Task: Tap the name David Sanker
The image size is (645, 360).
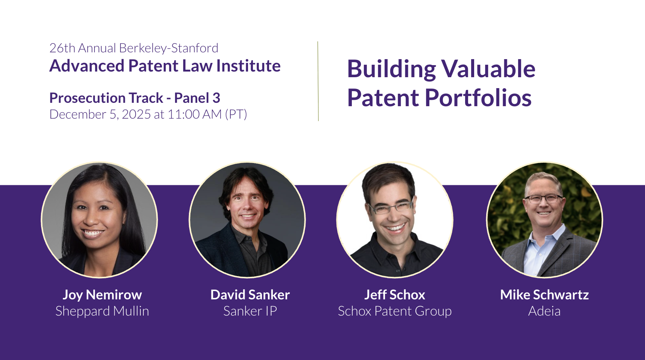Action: click(250, 295)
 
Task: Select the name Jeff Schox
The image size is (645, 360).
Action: click(395, 295)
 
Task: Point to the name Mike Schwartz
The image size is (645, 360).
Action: click(544, 295)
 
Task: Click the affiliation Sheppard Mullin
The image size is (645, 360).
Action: click(102, 311)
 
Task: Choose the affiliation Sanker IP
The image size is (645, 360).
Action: click(250, 311)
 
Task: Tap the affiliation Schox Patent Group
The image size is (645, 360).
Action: click(395, 311)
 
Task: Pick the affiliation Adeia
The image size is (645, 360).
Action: click(544, 311)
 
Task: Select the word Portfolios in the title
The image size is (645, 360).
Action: click(478, 98)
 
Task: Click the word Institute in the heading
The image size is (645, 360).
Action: click(248, 66)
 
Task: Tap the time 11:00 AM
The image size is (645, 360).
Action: click(195, 114)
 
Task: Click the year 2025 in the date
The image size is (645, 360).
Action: click(136, 114)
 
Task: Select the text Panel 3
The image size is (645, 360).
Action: click(197, 98)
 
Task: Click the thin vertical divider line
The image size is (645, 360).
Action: click(318, 81)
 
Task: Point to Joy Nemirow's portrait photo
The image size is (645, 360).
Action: click(99, 220)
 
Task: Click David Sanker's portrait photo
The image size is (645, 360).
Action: click(247, 220)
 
